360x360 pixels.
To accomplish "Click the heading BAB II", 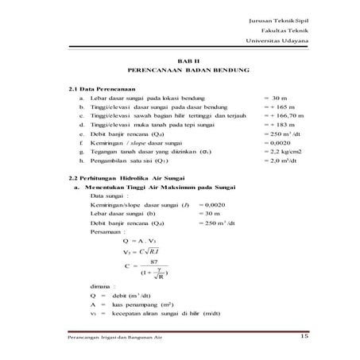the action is click(x=184, y=60).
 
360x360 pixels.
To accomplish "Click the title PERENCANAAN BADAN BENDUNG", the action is click(x=184, y=70).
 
